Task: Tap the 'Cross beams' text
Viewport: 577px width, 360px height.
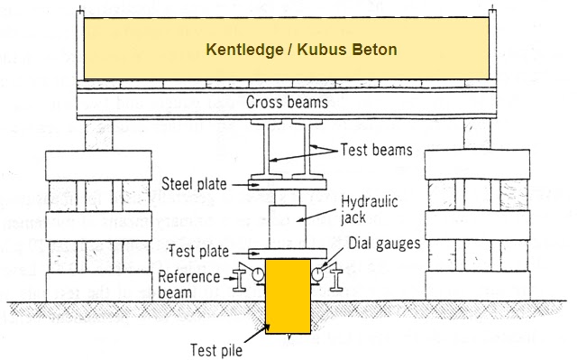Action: click(x=288, y=103)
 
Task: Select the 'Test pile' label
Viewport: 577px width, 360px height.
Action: click(x=215, y=348)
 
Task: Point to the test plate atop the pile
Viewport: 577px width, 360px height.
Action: click(x=288, y=254)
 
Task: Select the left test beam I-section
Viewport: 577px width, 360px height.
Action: click(x=267, y=149)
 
